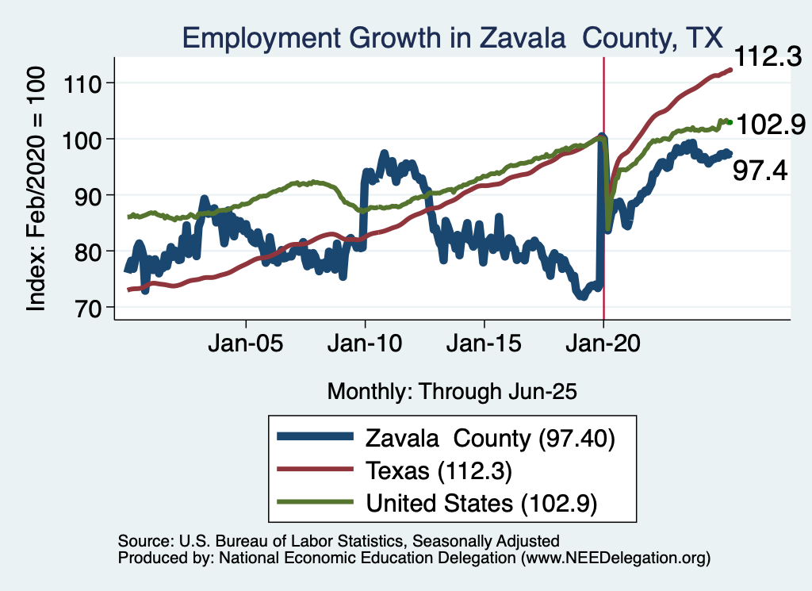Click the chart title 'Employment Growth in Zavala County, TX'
pyautogui.click(x=452, y=38)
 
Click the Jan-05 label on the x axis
pyautogui.click(x=246, y=346)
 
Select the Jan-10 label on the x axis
pyautogui.click(x=365, y=346)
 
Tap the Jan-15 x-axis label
pyautogui.click(x=485, y=346)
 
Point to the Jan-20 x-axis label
pyautogui.click(x=604, y=346)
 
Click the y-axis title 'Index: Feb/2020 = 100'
pyautogui.click(x=38, y=188)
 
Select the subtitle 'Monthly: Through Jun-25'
pyautogui.click(x=451, y=391)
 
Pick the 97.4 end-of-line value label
pyautogui.click(x=759, y=170)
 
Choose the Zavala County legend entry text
pyautogui.click(x=490, y=437)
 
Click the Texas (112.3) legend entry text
pyautogui.click(x=439, y=470)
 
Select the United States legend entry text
pyautogui.click(x=481, y=503)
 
